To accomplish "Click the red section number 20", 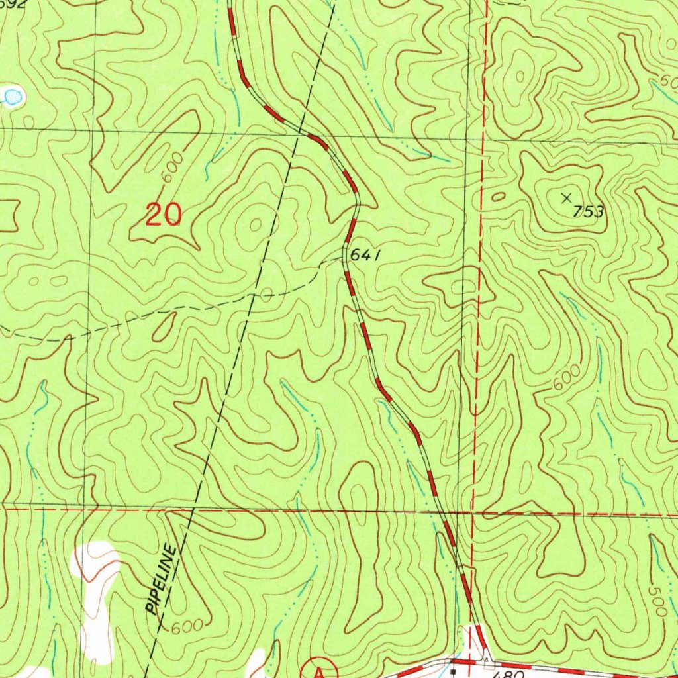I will [164, 215].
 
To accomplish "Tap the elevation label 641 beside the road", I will [366, 256].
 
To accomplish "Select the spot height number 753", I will [589, 212].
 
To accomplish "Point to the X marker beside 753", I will [567, 197].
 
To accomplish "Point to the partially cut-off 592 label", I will [13, 4].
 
